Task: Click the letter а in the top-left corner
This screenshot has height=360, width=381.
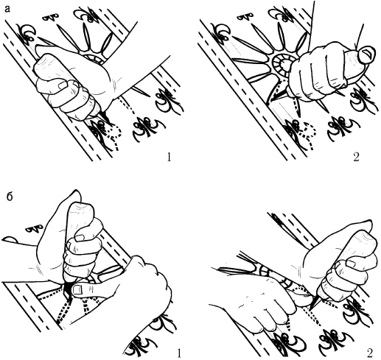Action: point(8,9)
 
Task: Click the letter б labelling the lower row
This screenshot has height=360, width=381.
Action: point(10,197)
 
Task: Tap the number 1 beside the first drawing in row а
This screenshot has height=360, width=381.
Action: point(169,157)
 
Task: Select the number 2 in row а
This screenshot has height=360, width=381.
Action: point(356,157)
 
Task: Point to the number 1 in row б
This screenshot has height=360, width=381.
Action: point(179,353)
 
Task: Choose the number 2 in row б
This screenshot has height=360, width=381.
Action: point(370,353)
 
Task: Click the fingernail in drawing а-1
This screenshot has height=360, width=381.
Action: point(63,85)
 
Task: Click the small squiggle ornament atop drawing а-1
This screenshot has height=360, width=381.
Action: point(52,17)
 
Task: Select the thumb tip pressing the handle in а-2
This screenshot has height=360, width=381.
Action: point(366,54)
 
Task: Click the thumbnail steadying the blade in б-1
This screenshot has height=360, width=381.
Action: point(79,290)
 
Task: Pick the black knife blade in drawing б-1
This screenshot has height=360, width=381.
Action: point(67,290)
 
